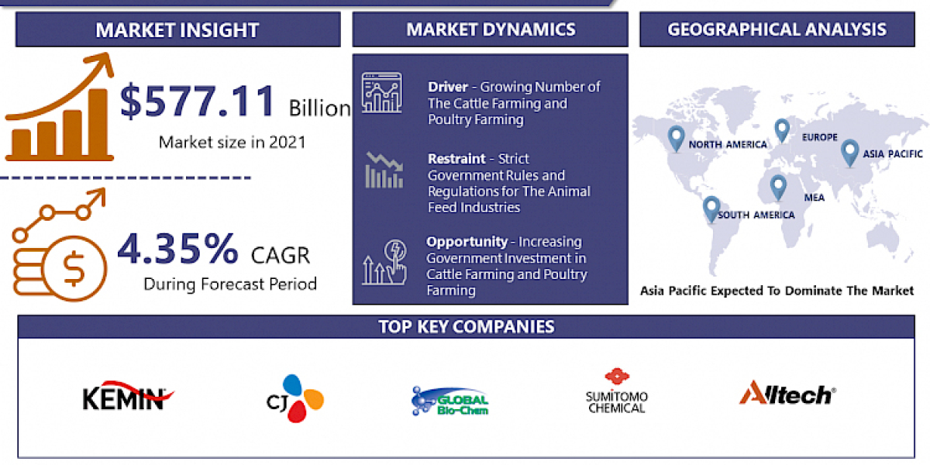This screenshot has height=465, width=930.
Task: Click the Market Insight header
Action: tap(177, 30)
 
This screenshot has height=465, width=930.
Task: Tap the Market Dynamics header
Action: tap(491, 30)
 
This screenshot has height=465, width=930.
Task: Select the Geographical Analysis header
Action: tap(777, 30)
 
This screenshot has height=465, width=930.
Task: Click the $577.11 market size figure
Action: tap(198, 102)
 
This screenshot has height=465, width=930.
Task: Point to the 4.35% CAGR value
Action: tap(178, 249)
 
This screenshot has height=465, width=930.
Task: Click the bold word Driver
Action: tap(447, 87)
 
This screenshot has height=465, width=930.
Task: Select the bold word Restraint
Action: tap(457, 159)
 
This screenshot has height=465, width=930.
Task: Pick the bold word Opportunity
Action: tap(467, 242)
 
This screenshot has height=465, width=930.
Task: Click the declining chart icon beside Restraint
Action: tap(384, 170)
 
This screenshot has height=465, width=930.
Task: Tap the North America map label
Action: tap(728, 144)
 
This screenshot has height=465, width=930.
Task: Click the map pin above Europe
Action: tap(782, 129)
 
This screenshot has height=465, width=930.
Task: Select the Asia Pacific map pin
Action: tap(849, 151)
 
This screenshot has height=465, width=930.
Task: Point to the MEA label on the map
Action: tap(814, 198)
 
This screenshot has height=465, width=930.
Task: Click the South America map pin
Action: tap(711, 208)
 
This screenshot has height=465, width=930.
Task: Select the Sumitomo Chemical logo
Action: tap(617, 391)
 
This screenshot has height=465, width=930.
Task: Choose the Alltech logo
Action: tap(787, 394)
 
